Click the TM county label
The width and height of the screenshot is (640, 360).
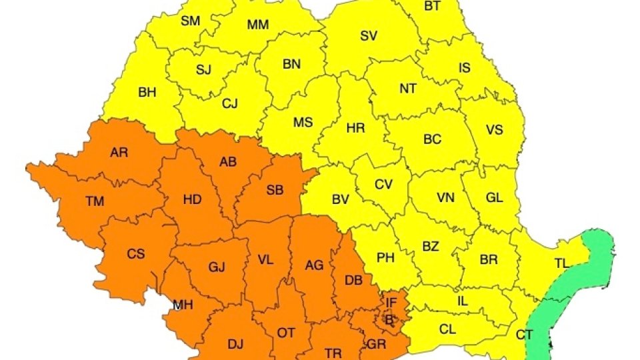pyautogui.click(x=95, y=201)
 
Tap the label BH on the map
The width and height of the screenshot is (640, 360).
pyautogui.click(x=147, y=93)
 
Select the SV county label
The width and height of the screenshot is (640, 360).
pyautogui.click(x=369, y=36)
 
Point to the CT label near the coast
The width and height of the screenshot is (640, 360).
pyautogui.click(x=525, y=334)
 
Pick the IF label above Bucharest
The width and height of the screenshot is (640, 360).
pyautogui.click(x=391, y=303)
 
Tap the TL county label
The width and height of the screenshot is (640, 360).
pyautogui.click(x=562, y=263)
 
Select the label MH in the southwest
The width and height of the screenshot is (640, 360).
pyautogui.click(x=183, y=305)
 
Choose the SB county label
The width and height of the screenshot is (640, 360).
pyautogui.click(x=275, y=190)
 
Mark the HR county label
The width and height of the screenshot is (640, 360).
pyautogui.click(x=356, y=127)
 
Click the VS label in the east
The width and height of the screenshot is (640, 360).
pyautogui.click(x=494, y=129)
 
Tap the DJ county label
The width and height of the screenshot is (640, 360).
pyautogui.click(x=235, y=344)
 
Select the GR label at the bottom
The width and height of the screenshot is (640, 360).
pyautogui.click(x=376, y=345)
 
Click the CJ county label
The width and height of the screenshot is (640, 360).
pyautogui.click(x=230, y=103)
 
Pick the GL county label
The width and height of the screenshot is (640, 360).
pyautogui.click(x=495, y=197)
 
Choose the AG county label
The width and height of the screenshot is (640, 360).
pyautogui.click(x=314, y=265)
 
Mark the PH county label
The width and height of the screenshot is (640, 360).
pyautogui.click(x=386, y=257)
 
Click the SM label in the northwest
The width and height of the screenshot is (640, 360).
pyautogui.click(x=191, y=21)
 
